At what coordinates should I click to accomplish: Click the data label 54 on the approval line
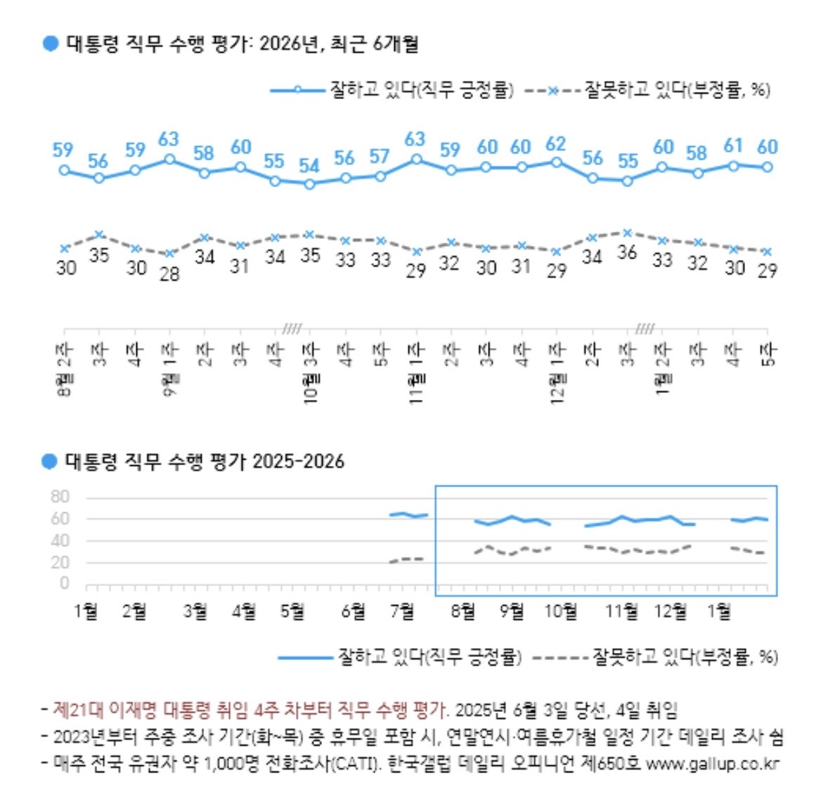pyautogui.click(x=309, y=166)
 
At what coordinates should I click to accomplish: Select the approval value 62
pyautogui.click(x=555, y=144)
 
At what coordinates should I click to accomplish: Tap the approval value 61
pyautogui.click(x=733, y=145)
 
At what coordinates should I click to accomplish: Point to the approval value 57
pyautogui.click(x=380, y=156)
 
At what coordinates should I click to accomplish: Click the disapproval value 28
pyautogui.click(x=169, y=273)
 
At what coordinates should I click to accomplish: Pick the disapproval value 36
pyautogui.click(x=627, y=252)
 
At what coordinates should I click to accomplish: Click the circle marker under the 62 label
pyautogui.click(x=557, y=162)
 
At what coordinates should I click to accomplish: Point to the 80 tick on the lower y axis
pyautogui.click(x=60, y=497)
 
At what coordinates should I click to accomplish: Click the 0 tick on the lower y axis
pyautogui.click(x=65, y=583)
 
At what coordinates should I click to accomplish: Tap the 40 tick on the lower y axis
pyautogui.click(x=60, y=540)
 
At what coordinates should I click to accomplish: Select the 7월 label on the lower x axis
pyautogui.click(x=402, y=611)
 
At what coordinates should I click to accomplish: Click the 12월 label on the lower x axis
pyautogui.click(x=671, y=611)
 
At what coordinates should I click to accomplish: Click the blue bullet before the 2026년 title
pyautogui.click(x=50, y=44)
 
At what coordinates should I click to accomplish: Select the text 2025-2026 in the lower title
pyautogui.click(x=298, y=462)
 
